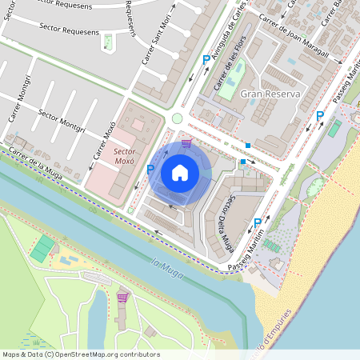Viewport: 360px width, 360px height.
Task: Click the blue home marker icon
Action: coord(180,173)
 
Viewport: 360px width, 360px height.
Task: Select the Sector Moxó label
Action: coord(123,155)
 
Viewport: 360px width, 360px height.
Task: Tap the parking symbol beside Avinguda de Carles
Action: coord(206,60)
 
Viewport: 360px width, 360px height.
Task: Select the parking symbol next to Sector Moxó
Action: coord(150,169)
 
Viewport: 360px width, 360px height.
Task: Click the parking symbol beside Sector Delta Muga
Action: coord(258,223)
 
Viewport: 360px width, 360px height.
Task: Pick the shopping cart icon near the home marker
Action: coord(186,143)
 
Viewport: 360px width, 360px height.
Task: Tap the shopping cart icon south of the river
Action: coord(122,298)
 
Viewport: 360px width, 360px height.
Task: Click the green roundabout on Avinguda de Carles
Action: coord(177,118)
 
